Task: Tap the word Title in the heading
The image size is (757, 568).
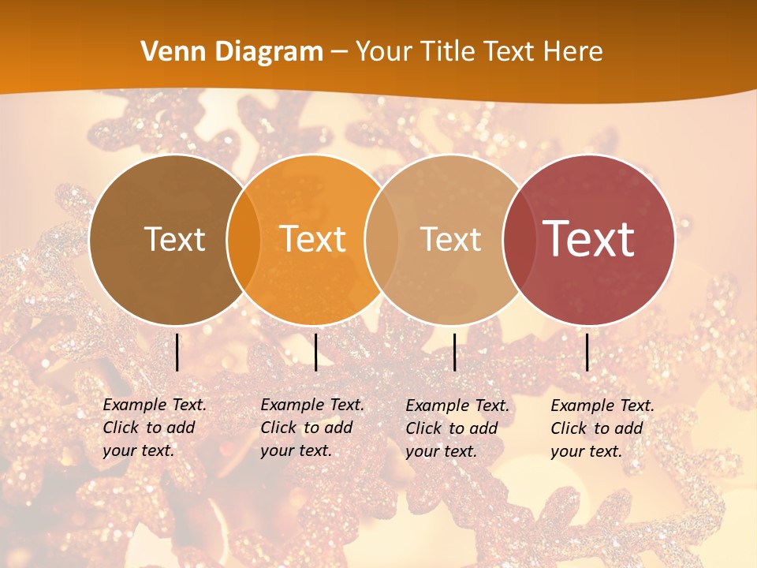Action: pyautogui.click(x=449, y=52)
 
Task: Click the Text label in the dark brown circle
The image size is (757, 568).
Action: pyautogui.click(x=174, y=239)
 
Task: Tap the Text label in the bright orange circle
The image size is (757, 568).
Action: pyautogui.click(x=313, y=239)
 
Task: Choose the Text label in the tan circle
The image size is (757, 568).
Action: pyautogui.click(x=450, y=239)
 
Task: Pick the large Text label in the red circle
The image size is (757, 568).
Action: pyautogui.click(x=589, y=239)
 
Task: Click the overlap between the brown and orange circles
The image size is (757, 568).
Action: pyautogui.click(x=244, y=240)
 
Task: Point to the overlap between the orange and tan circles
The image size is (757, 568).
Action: pyautogui.click(x=382, y=240)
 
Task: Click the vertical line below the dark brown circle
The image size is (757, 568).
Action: pyautogui.click(x=177, y=352)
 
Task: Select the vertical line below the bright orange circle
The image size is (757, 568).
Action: pyautogui.click(x=315, y=352)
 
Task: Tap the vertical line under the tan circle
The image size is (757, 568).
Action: pyautogui.click(x=455, y=352)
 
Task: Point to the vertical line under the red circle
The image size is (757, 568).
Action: pyautogui.click(x=587, y=352)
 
